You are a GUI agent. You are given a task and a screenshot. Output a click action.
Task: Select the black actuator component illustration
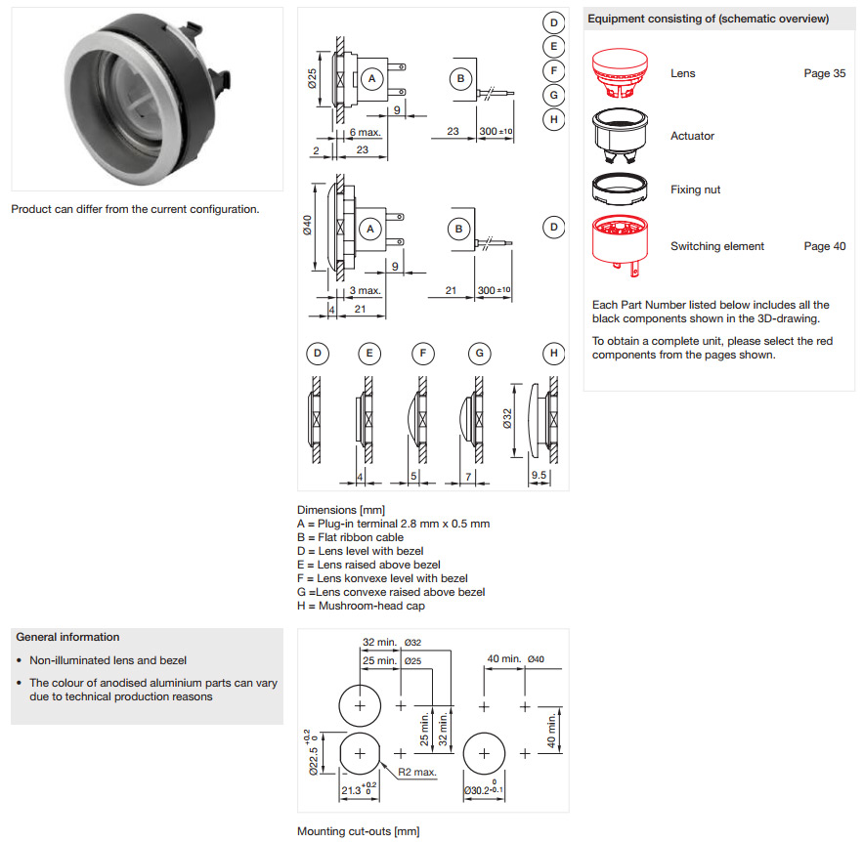[x=621, y=137]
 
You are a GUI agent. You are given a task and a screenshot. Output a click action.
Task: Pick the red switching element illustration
[x=622, y=241]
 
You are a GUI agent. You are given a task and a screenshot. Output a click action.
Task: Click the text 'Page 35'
[x=824, y=73]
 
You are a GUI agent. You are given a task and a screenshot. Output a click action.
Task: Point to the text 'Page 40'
[x=824, y=246]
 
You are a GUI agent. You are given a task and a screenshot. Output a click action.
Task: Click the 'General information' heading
[x=67, y=637]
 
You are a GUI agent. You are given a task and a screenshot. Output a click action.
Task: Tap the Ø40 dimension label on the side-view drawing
[x=307, y=226]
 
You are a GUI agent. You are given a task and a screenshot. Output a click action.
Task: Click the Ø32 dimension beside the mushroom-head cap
[x=507, y=419]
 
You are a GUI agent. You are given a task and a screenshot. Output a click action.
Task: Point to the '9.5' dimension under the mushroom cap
[x=539, y=476]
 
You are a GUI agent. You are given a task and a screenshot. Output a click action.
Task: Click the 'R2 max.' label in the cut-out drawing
[x=418, y=772]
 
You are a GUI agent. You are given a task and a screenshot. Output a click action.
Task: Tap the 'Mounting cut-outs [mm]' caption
[x=358, y=831]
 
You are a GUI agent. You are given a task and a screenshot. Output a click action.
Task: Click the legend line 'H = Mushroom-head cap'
[x=361, y=606]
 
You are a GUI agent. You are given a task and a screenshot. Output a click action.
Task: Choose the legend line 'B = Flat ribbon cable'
[x=350, y=537]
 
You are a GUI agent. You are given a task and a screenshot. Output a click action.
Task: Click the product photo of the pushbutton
[x=147, y=99]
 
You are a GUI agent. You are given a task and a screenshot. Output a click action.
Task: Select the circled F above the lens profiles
[x=422, y=354]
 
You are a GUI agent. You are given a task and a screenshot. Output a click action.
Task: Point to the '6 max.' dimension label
[x=365, y=132]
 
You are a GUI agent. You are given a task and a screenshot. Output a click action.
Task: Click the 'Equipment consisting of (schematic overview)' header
[x=709, y=19]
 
